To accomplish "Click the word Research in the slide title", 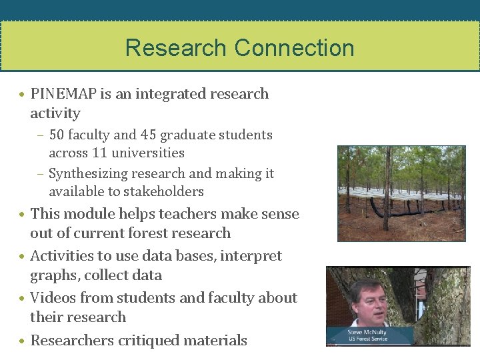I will tap(175, 48).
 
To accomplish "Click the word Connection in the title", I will tap(294, 48).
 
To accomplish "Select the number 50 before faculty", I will tap(56, 135).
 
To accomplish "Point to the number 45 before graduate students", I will tap(148, 135).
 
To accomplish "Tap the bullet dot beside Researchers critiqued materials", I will tap(23, 341).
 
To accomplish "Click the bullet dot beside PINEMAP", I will tap(23, 95).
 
